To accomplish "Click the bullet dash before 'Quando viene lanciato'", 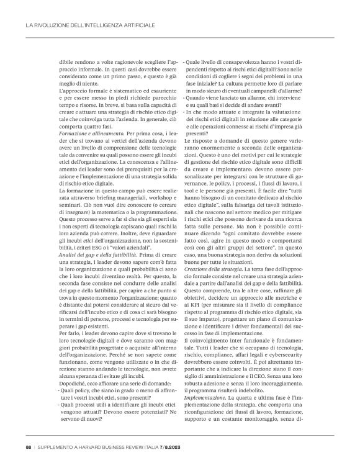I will click(x=184, y=98).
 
